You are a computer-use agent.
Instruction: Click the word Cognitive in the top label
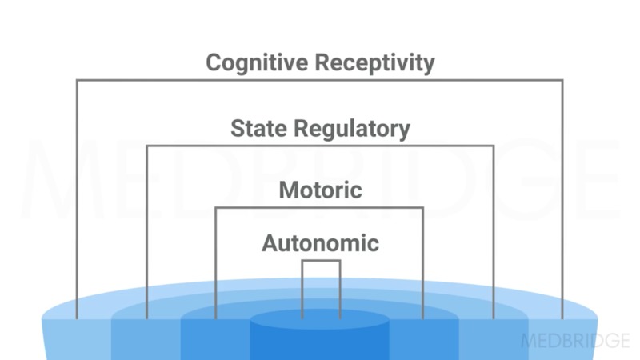coord(254,62)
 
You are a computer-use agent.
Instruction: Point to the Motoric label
coord(320,190)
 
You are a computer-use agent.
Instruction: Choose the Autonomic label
coord(320,242)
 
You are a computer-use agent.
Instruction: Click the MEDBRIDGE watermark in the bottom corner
coord(575,340)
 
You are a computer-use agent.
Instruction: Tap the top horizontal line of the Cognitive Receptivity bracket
coord(320,80)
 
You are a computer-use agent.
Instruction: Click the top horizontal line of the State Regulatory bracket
coord(320,146)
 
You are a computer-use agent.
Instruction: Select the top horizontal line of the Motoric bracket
coord(320,208)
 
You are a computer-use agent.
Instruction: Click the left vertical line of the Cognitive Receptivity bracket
coord(77,200)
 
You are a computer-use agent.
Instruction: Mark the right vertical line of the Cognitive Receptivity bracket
coord(562,200)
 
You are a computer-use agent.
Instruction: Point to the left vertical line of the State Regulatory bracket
coord(146,232)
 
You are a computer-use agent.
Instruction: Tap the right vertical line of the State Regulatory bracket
coord(494,232)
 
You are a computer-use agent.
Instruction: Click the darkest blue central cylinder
coord(320,336)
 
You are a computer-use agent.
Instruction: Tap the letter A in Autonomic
coord(270,242)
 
